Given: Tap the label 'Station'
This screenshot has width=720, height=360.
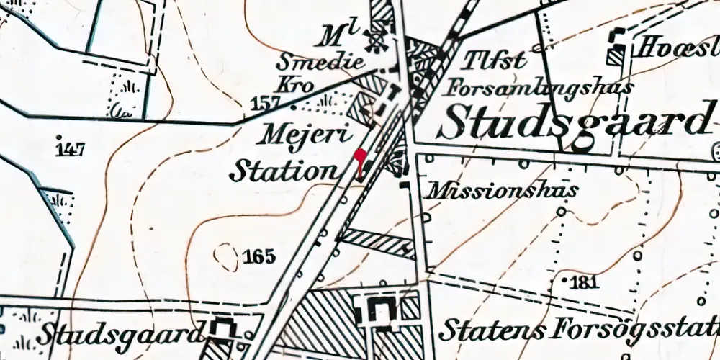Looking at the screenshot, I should [x=283, y=171].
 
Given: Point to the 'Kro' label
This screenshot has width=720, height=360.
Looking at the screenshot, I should [x=297, y=85].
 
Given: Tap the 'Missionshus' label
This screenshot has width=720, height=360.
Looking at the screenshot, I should [x=504, y=191].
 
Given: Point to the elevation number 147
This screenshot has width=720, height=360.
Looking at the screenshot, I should [x=70, y=149].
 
